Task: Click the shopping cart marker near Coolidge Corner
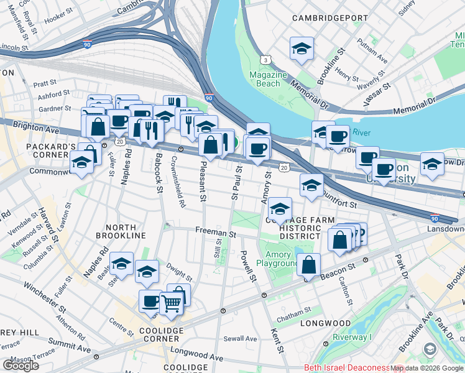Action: tap(172, 304)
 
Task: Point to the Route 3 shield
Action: tap(266, 59)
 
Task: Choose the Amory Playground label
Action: tap(278, 259)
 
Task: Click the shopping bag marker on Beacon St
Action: tap(308, 265)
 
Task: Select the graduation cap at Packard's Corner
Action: tap(81, 163)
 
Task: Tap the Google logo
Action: tap(21, 365)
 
